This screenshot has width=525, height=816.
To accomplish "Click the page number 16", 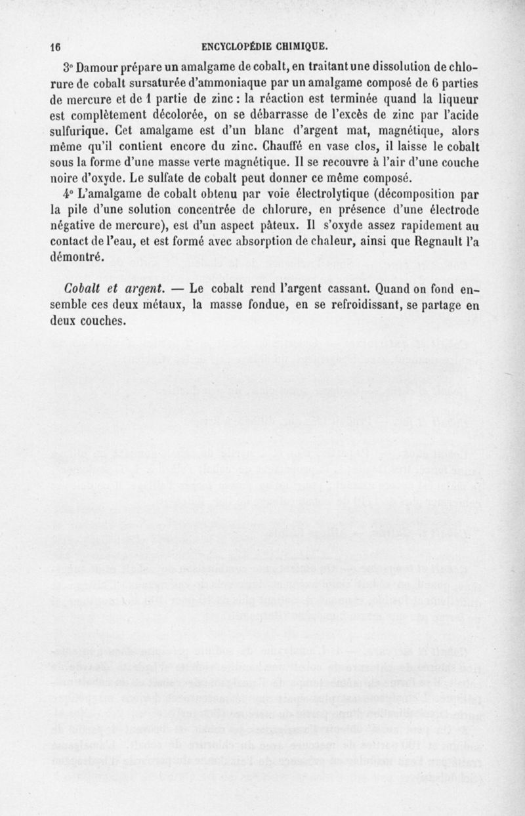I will (55, 47).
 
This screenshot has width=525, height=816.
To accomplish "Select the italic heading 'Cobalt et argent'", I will (106, 289).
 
